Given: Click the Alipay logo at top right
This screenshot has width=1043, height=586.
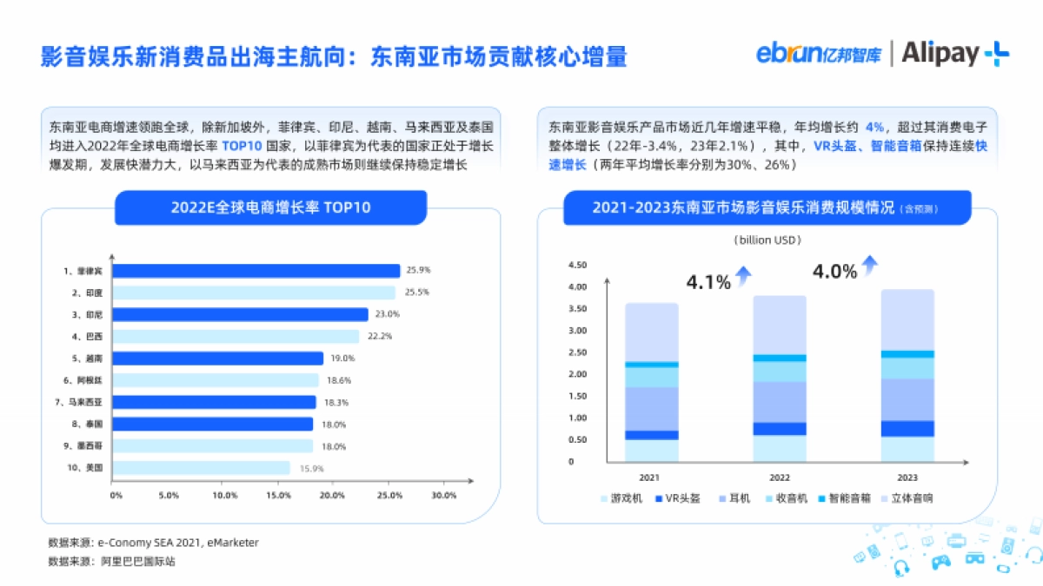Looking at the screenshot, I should (954, 54).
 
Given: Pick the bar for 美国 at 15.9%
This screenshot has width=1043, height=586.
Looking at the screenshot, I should (201, 468).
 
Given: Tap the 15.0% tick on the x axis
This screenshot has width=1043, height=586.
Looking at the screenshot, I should (278, 496).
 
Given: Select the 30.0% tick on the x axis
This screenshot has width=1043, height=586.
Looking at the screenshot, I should (443, 496).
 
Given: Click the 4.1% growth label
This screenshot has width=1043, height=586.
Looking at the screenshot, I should (708, 282).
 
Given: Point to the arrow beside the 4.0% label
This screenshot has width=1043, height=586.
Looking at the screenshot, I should (869, 265).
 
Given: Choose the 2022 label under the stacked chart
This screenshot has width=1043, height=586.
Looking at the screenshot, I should (780, 477).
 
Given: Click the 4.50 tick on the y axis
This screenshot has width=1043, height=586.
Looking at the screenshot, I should (576, 265).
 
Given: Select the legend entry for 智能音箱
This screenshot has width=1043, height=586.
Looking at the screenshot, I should (843, 499).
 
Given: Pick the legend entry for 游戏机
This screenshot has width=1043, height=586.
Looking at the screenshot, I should (622, 499).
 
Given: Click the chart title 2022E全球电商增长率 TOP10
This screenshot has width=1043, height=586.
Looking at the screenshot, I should (270, 207).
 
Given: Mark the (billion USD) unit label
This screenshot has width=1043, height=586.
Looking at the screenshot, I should (767, 240).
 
